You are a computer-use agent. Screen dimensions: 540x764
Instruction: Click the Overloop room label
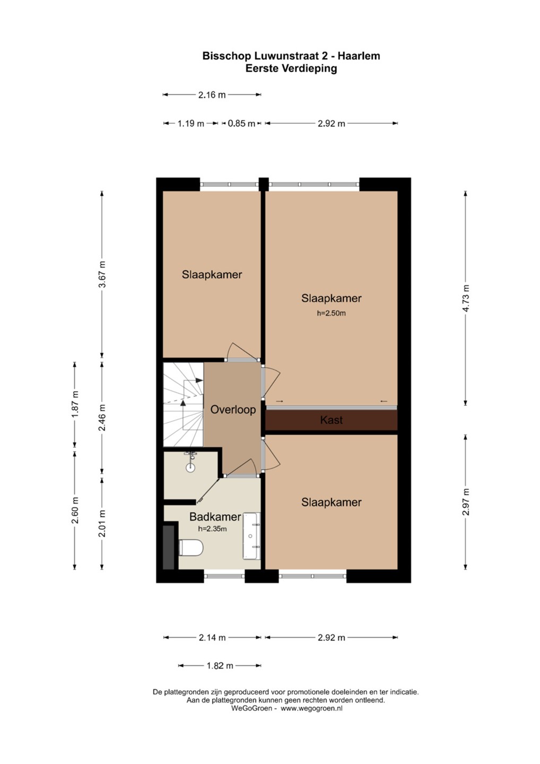(x=233, y=410)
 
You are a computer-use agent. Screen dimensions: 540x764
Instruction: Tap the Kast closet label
(x=331, y=420)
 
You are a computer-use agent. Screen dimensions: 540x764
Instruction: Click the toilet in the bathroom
(x=191, y=548)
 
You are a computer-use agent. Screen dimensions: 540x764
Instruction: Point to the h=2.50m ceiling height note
(x=331, y=313)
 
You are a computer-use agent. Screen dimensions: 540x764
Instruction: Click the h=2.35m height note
(x=212, y=529)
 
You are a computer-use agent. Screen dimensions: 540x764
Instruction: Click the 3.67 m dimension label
(x=102, y=274)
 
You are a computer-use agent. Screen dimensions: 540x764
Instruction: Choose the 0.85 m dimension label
(x=241, y=124)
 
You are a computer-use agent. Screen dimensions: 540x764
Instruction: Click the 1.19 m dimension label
(x=190, y=124)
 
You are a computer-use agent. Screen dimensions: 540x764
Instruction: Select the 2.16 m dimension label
(x=212, y=95)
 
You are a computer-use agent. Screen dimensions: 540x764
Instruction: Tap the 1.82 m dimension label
(x=220, y=665)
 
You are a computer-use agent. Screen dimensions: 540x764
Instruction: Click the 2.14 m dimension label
(x=212, y=638)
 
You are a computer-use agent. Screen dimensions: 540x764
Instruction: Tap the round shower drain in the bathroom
(x=190, y=467)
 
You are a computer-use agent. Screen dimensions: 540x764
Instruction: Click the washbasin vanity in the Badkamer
(x=251, y=536)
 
